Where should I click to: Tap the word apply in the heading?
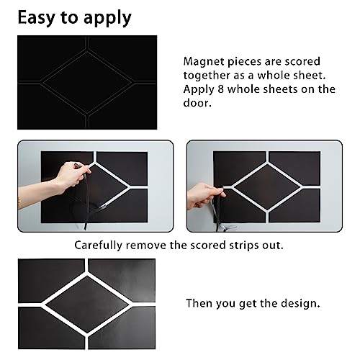pyautogui.click(x=106, y=17)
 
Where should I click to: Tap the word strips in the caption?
pyautogui.click(x=244, y=245)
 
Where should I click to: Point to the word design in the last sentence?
pyautogui.click(x=297, y=304)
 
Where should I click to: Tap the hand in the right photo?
pyautogui.click(x=204, y=193)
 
